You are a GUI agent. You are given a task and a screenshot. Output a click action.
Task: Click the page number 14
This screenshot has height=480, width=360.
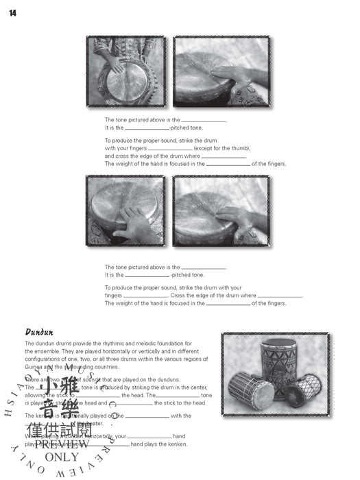coord(12,13)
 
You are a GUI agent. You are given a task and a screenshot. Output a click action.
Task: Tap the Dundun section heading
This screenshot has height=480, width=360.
coord(39,333)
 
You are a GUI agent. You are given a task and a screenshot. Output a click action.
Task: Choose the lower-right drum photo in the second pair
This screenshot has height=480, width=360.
coord(220,211)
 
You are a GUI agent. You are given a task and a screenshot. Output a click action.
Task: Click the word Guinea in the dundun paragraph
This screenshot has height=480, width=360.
coord(34,367)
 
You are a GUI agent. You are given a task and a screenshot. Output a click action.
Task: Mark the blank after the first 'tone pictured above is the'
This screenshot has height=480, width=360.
coord(204,120)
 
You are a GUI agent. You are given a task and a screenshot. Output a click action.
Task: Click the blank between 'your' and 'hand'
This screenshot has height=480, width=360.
coord(149,436)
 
